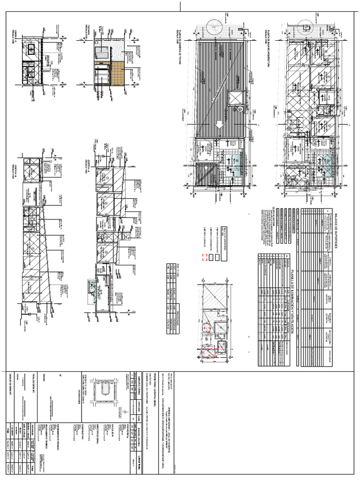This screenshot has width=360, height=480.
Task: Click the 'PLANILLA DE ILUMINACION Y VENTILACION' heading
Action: [x=291, y=300]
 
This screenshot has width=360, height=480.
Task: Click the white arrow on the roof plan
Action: [x=218, y=125]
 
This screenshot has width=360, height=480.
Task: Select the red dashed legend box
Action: [x=204, y=256]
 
